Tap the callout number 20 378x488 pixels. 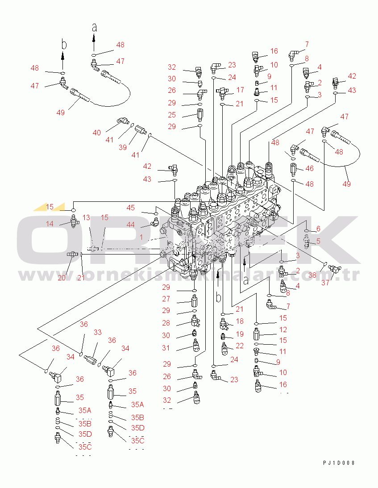[61, 277]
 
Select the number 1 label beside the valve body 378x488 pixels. [141, 238]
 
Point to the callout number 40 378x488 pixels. [97, 133]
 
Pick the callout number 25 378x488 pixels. [172, 115]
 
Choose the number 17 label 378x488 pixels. [240, 90]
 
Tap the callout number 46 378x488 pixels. [309, 168]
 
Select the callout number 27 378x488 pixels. [166, 299]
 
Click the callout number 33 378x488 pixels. [97, 332]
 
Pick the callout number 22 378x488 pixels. [240, 346]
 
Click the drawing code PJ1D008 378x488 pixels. [339, 463]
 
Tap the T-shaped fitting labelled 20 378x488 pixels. [73, 254]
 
